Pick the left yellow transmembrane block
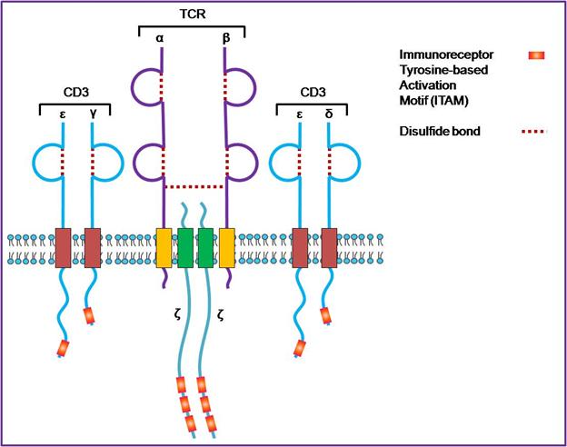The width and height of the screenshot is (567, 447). pyautogui.click(x=164, y=248)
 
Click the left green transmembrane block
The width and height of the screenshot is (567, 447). pyautogui.click(x=184, y=248)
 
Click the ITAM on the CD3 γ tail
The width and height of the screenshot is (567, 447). pyautogui.click(x=89, y=316)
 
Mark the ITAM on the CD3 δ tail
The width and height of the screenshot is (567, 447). pyautogui.click(x=325, y=316)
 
